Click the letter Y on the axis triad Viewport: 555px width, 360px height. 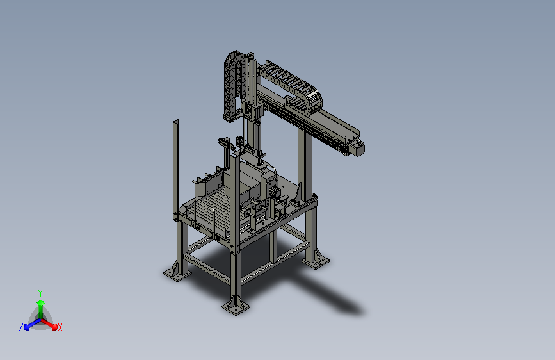click(x=40, y=293)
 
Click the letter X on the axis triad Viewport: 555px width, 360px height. click(x=60, y=327)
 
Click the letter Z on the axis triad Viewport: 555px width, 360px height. click(x=21, y=327)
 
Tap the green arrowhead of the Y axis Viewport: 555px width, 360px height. click(x=40, y=302)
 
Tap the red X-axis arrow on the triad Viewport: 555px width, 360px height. click(x=49, y=324)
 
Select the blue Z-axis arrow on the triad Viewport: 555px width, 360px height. click(x=32, y=324)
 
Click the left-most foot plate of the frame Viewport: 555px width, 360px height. click(x=177, y=273)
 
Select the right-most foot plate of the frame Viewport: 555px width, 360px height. click(x=316, y=261)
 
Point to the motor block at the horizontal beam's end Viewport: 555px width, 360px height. click(x=357, y=148)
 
